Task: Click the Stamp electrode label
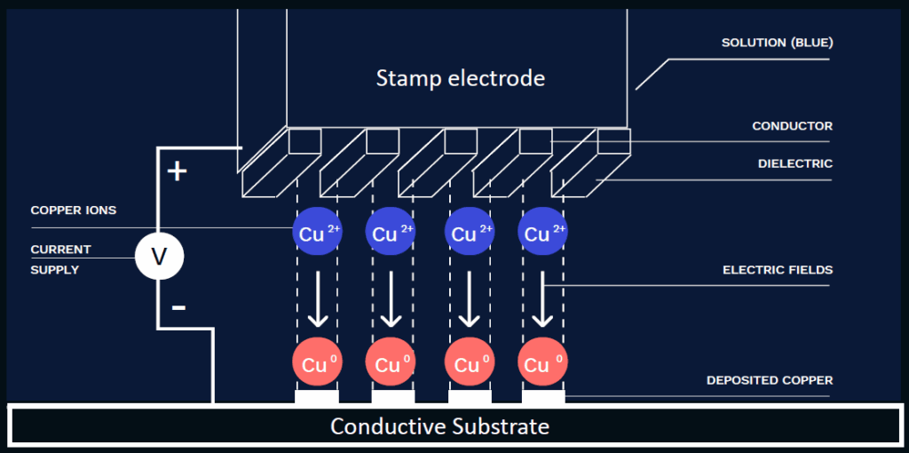click(460, 78)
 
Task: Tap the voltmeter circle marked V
click(159, 258)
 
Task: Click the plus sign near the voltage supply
click(178, 171)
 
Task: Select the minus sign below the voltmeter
click(178, 307)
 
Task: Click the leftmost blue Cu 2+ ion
click(317, 233)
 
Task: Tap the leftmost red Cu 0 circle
click(317, 363)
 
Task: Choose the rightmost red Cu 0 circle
click(542, 363)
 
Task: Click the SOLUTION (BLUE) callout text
click(777, 43)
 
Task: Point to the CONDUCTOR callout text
click(792, 126)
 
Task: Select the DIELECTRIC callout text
click(794, 163)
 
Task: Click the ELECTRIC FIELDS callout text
click(778, 270)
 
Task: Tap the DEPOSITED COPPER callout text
click(769, 380)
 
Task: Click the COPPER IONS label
click(73, 211)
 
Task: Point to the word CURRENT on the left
click(60, 250)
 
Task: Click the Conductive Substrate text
click(439, 426)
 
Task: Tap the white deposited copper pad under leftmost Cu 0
click(316, 397)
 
